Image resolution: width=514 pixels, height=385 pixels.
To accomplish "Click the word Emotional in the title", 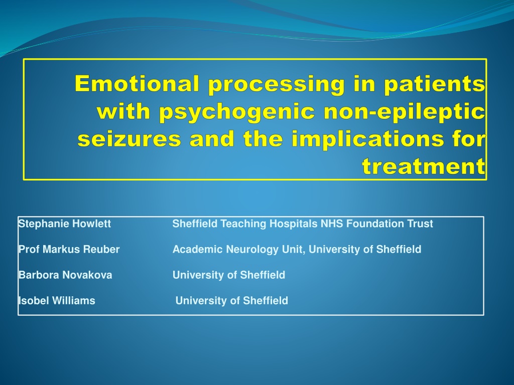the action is [137, 84].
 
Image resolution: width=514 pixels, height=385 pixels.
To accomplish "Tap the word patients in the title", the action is [434, 84].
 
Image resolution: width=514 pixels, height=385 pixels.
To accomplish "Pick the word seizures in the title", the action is [129, 139].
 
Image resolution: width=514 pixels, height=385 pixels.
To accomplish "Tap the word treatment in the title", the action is [424, 166].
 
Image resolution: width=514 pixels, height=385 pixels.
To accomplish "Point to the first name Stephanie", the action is [44, 224].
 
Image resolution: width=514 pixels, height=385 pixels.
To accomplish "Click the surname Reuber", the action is [101, 250].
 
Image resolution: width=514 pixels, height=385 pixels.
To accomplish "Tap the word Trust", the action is [420, 224].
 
